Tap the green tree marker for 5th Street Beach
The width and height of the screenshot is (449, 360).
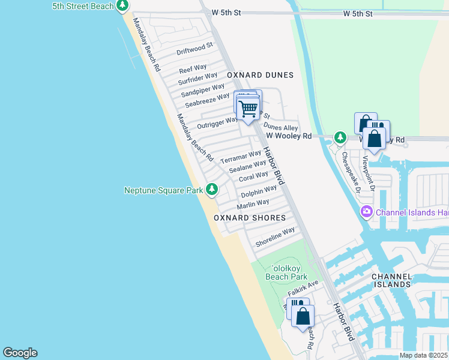point(122,5)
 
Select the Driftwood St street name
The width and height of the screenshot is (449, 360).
point(195,49)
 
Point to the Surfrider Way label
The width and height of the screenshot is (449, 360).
point(197,79)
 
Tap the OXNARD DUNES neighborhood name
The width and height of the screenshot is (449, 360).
point(260,75)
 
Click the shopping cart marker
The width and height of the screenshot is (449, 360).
point(247,109)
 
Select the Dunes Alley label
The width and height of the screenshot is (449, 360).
point(280,128)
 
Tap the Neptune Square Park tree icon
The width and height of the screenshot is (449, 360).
point(211,190)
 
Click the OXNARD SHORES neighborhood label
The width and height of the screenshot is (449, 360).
point(250,218)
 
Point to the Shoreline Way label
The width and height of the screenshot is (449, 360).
point(275,238)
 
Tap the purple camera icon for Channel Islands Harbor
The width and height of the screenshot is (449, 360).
point(366,211)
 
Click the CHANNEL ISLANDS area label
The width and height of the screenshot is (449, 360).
point(391,280)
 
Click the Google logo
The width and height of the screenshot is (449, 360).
point(20,353)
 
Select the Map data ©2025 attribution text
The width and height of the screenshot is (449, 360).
point(423,355)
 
